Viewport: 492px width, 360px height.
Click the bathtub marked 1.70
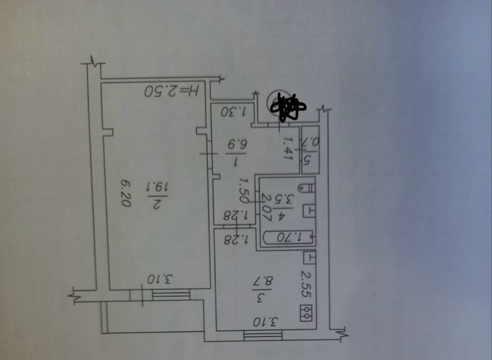(x=288, y=238)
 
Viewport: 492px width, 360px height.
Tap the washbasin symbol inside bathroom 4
(x=308, y=210)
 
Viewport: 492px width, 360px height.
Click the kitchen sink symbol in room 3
(x=308, y=257)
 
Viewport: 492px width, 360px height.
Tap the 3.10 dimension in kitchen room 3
(x=264, y=323)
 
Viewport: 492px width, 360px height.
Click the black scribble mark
(x=288, y=107)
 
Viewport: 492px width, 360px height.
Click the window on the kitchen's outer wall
(x=263, y=335)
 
